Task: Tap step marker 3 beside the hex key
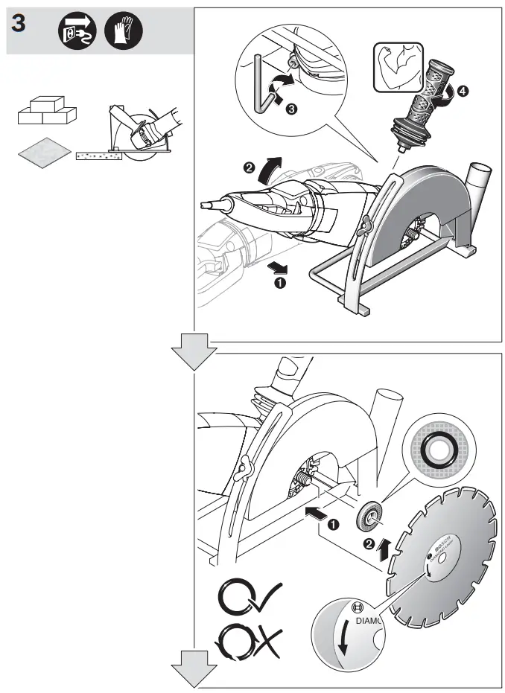pyautogui.click(x=292, y=109)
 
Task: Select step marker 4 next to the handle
pyautogui.click(x=463, y=92)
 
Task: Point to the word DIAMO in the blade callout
pyautogui.click(x=368, y=619)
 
